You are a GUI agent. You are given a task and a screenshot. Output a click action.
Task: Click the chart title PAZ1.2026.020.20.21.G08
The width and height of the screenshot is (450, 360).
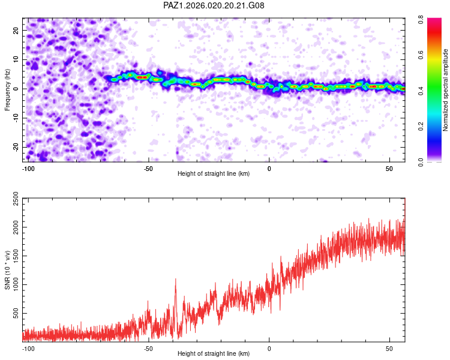pyautogui.click(x=214, y=5)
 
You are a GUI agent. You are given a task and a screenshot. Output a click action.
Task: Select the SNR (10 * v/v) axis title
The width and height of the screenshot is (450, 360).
pyautogui.click(x=7, y=270)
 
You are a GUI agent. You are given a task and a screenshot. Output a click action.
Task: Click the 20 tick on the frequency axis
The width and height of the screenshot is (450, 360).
pyautogui.click(x=16, y=30)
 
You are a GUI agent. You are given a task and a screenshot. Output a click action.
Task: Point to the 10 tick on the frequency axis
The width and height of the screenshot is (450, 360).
pyautogui.click(x=16, y=59)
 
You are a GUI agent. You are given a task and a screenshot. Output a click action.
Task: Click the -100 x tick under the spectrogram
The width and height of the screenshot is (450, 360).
pyautogui.click(x=28, y=169)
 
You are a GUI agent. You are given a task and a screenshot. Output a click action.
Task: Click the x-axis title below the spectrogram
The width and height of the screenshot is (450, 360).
pyautogui.click(x=214, y=174)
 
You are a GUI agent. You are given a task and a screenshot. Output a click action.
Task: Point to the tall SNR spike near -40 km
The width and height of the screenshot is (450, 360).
pyautogui.click(x=175, y=280)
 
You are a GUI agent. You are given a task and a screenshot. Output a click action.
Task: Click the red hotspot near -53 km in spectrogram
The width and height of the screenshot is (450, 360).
pyautogui.click(x=141, y=77)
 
